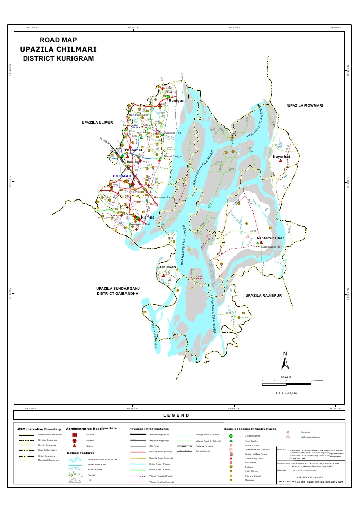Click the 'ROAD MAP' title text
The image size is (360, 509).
[58, 40]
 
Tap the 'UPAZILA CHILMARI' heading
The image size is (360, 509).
[58, 50]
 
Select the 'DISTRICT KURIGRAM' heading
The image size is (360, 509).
[58, 59]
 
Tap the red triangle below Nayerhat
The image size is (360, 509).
[280, 161]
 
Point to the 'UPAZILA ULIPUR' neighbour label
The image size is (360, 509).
[97, 124]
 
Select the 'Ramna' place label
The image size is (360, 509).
[141, 217]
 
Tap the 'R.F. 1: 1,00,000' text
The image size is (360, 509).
[286, 393]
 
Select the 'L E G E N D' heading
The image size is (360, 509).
[176, 415]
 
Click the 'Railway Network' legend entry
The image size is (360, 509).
[204, 446]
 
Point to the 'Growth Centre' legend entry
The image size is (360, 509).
[253, 435]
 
